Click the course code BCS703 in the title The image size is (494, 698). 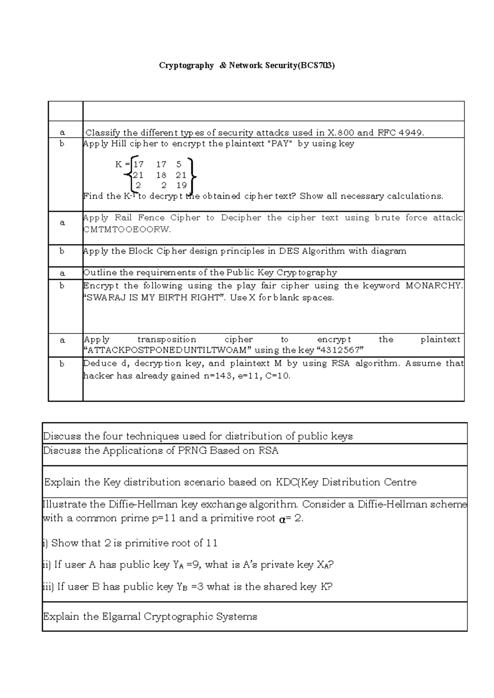tap(317, 65)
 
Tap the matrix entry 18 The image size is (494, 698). tap(161, 174)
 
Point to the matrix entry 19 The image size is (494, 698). tap(181, 185)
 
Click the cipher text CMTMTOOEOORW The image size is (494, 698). tap(127, 230)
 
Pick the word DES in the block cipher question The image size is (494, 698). tap(289, 251)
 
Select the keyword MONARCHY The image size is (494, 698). tap(434, 286)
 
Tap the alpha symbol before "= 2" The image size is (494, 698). tap(282, 519)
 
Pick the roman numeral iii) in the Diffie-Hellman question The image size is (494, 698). tap(48, 586)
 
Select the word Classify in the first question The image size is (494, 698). tap(103, 133)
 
